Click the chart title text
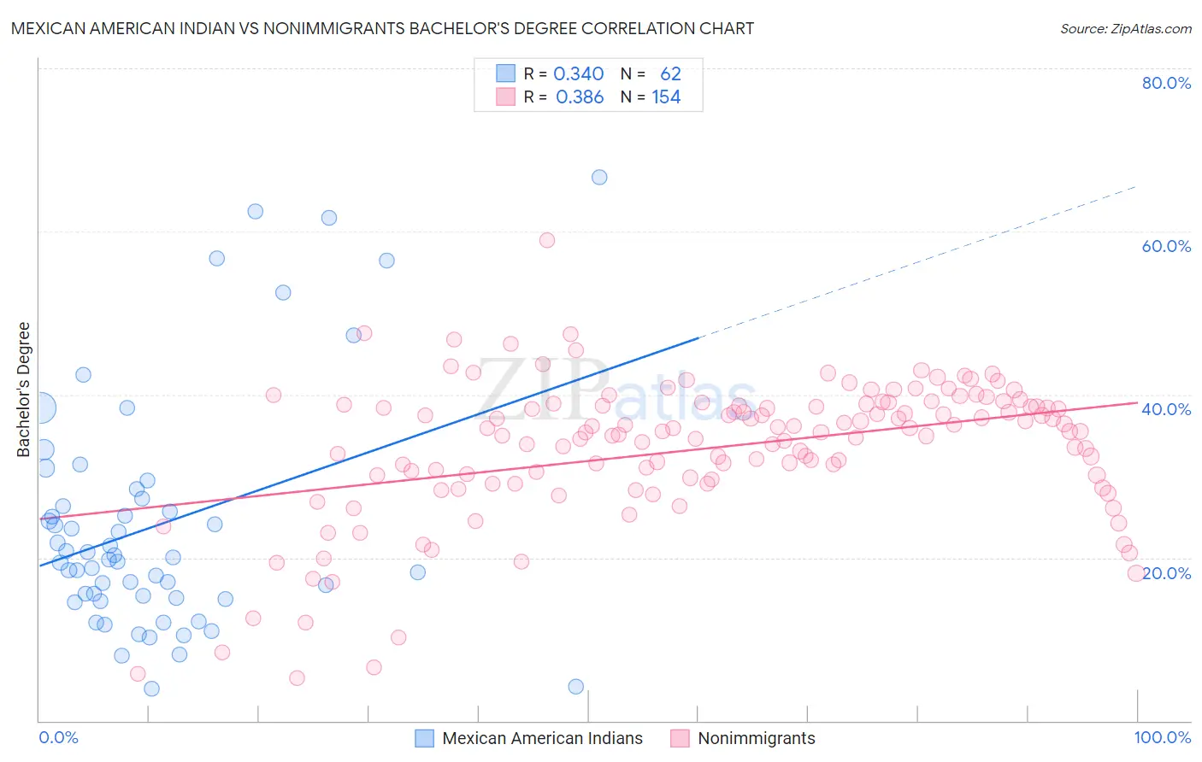pos(382,28)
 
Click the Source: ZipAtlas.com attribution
pos(1125,28)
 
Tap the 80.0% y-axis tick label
pos(1166,83)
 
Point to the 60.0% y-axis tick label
pos(1166,246)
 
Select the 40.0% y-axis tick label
pos(1166,409)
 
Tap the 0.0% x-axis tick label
pos(58,737)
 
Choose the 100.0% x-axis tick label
pos(1162,737)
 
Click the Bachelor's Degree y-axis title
pos(24,390)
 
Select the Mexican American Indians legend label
pos(542,738)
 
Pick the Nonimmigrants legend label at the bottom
pos(756,738)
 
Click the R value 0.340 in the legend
pos(579,73)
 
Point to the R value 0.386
pos(580,97)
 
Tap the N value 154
pos(666,97)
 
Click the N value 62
pos(670,73)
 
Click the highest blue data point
pos(599,177)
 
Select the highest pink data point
pos(547,240)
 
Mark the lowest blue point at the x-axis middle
pos(576,687)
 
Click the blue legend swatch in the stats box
pos(506,73)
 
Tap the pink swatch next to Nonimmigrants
pos(680,738)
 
